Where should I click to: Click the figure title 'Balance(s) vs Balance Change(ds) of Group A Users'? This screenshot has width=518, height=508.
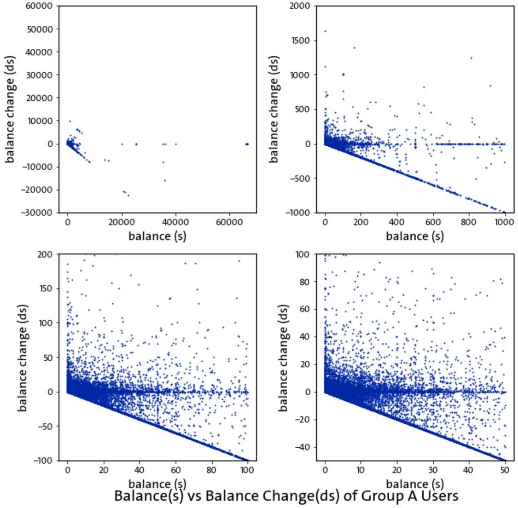click(286, 496)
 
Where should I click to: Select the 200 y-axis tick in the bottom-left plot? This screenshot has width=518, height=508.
click(47, 254)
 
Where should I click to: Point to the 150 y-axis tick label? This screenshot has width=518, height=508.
click(47, 289)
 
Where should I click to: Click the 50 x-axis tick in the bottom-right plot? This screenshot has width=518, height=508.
click(504, 470)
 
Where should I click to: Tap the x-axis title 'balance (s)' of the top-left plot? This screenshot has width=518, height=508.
click(157, 237)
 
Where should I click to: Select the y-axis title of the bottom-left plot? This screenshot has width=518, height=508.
click(23, 358)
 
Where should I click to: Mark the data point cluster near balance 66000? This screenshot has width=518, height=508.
click(247, 144)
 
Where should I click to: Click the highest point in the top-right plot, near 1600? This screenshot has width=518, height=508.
click(325, 31)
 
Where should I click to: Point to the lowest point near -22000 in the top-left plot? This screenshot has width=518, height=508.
click(128, 196)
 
